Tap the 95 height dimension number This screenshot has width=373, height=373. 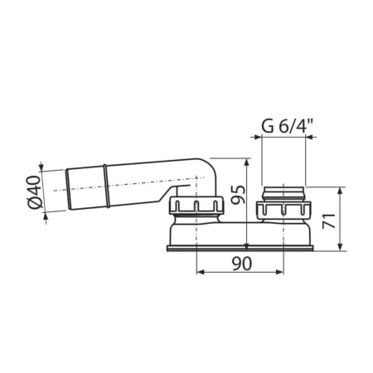click(x=236, y=194)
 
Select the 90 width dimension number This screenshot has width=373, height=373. click(x=240, y=264)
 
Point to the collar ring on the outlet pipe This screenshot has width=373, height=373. click(x=108, y=186)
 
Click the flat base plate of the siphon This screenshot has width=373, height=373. click(x=240, y=246)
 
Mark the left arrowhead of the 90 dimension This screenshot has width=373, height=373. click(x=198, y=274)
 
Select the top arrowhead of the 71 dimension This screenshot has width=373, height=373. click(x=342, y=190)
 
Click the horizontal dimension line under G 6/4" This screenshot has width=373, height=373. click(x=282, y=138)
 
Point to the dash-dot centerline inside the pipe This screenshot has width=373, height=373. click(x=133, y=186)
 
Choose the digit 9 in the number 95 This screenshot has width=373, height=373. click(x=236, y=201)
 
